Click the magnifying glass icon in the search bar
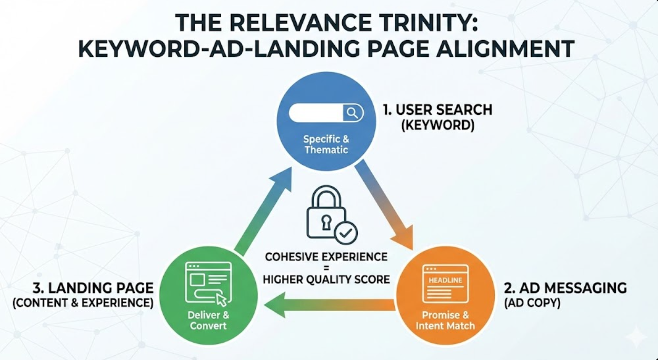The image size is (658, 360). (352, 113)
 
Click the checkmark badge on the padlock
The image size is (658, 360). (347, 232)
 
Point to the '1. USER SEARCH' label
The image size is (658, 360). (436, 110)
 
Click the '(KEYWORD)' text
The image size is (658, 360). (436, 126)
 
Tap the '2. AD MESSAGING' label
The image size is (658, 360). (565, 288)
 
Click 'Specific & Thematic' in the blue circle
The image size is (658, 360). (326, 144)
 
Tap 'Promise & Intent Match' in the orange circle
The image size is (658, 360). (445, 320)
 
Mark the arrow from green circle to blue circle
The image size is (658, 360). (263, 210)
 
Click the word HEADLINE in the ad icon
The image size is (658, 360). (445, 281)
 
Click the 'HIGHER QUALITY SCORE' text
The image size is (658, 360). (326, 278)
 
